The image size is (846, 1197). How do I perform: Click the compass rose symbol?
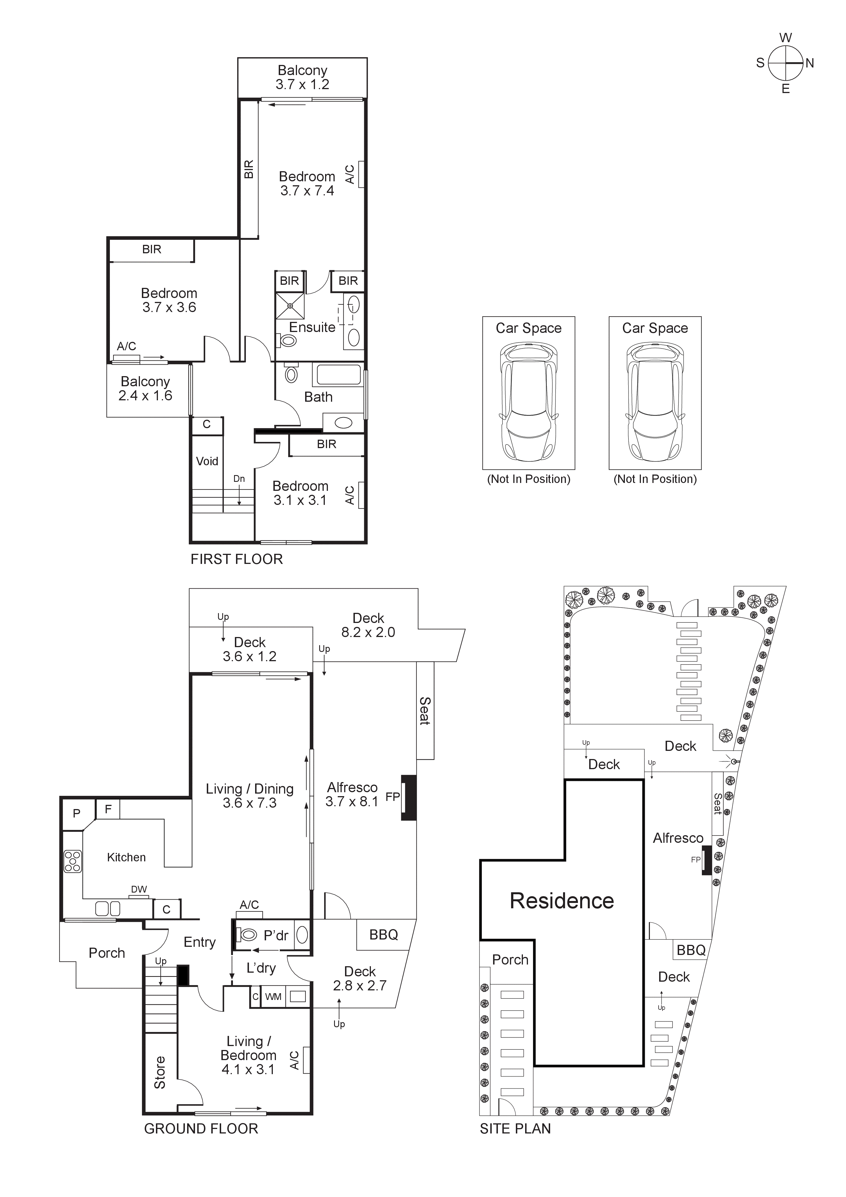tap(786, 63)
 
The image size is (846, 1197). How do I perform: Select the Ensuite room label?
tap(312, 328)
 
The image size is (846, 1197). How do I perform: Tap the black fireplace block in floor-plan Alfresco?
tap(409, 798)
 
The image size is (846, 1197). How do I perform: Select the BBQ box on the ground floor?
tap(384, 935)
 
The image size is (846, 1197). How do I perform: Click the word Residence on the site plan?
tap(562, 901)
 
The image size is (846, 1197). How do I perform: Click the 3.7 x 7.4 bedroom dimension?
tap(307, 191)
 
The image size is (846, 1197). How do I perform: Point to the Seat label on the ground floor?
tap(425, 711)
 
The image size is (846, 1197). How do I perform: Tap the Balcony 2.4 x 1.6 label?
tap(145, 389)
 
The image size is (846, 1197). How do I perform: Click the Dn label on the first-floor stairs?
tap(239, 478)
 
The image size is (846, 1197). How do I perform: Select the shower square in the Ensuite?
tap(290, 306)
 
